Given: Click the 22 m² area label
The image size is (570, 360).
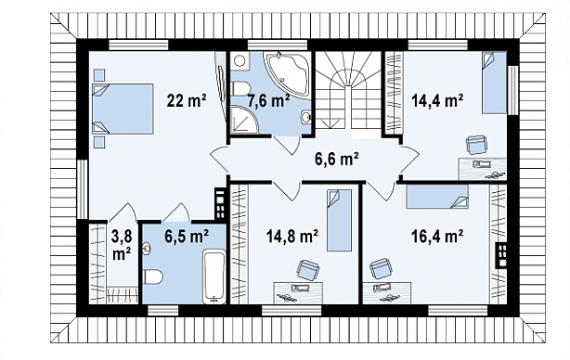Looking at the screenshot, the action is pyautogui.click(x=187, y=100).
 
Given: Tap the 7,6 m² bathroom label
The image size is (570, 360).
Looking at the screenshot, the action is pyautogui.click(x=268, y=100).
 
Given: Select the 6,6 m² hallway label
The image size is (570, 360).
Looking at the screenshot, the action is pyautogui.click(x=337, y=159).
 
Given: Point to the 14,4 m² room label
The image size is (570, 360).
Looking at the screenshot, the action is pyautogui.click(x=437, y=100).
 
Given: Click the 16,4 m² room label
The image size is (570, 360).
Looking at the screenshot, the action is pyautogui.click(x=437, y=237).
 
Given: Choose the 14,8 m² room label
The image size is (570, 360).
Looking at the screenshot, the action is pyautogui.click(x=292, y=237).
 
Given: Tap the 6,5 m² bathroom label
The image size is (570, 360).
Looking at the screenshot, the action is pyautogui.click(x=187, y=237).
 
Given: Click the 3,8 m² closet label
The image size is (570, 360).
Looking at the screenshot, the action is pyautogui.click(x=122, y=245).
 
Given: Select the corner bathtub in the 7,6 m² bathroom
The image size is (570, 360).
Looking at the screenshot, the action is pyautogui.click(x=287, y=70).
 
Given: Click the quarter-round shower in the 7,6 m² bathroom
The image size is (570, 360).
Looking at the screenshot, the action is pyautogui.click(x=244, y=119).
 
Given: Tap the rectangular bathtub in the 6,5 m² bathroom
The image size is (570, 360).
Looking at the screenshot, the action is pyautogui.click(x=214, y=277).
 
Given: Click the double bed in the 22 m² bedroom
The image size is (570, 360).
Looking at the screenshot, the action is pyautogui.click(x=123, y=109).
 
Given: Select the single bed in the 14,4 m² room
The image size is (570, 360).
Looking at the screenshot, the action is pyautogui.click(x=494, y=83).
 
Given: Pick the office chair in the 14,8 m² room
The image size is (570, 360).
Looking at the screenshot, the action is pyautogui.click(x=308, y=270).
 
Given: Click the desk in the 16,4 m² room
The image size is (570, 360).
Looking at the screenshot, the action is pyautogui.click(x=387, y=292).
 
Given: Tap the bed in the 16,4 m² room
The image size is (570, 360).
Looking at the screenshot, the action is pyautogui.click(x=437, y=197).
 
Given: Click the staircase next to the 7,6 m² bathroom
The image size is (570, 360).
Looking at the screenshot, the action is pyautogui.click(x=347, y=90).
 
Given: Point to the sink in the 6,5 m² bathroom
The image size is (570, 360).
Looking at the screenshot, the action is pyautogui.click(x=147, y=249).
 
